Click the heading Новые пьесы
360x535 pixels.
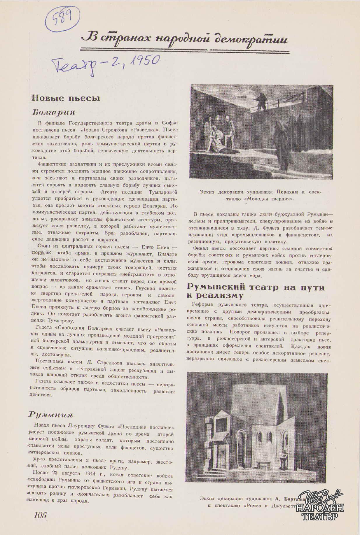coord(66,98)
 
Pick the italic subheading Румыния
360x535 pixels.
coord(50,415)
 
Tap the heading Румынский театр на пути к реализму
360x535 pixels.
coord(256,291)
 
